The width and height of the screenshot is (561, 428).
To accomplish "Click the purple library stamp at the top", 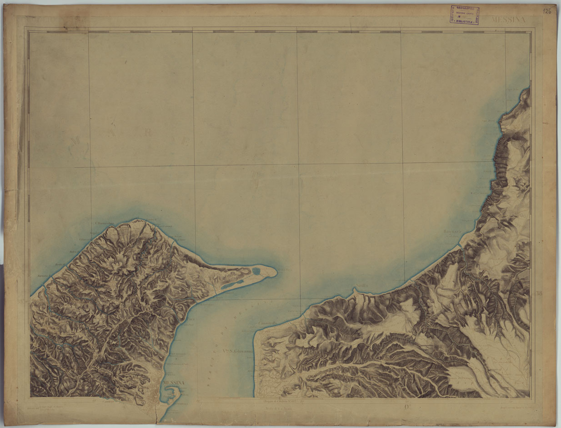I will click(465, 15).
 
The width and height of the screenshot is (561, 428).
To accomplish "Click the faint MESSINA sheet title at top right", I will click(508, 20).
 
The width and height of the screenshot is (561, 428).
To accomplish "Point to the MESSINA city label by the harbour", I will click(173, 383).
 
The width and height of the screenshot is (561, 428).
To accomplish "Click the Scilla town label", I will click(362, 285).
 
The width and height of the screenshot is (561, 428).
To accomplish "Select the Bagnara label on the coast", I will click(452, 232).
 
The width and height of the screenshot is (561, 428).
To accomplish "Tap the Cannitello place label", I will click(268, 323).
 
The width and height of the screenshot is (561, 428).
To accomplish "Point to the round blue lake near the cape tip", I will click(256, 272).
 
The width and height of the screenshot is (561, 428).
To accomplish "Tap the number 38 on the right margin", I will click(539, 294).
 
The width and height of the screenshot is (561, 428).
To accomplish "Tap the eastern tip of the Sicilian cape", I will click(275, 271).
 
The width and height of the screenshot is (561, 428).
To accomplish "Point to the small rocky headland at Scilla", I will click(356, 289).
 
